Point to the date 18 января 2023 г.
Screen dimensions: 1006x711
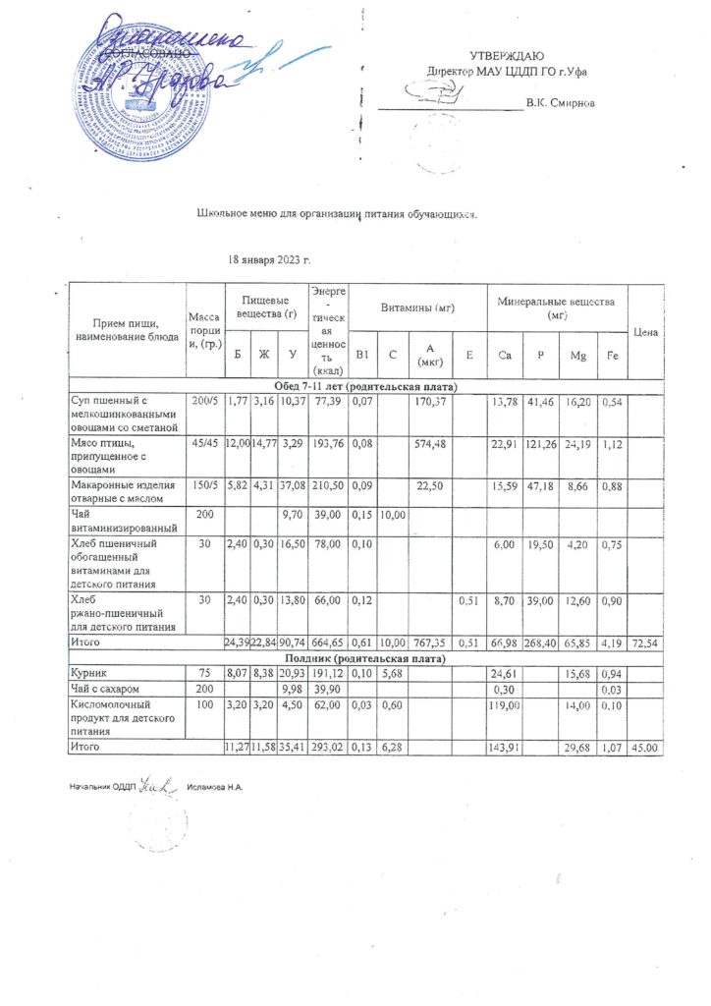pyautogui.click(x=269, y=260)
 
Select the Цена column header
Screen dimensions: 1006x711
pyautogui.click(x=645, y=332)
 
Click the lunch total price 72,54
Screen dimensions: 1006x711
pyautogui.click(x=645, y=641)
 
